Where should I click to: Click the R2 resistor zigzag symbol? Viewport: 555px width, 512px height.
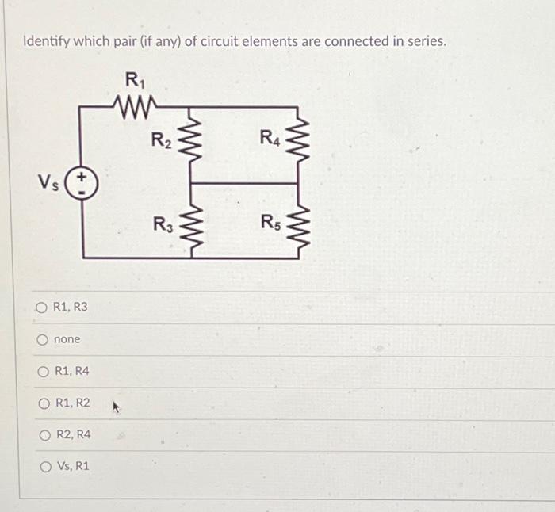coord(190,143)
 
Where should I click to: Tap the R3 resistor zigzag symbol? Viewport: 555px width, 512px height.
coord(190,221)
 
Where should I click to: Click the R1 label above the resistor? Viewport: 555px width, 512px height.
coord(133,79)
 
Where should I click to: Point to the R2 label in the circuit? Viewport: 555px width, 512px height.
coord(162,141)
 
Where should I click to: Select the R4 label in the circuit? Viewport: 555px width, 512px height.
coord(270,139)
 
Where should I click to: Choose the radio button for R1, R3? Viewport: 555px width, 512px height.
coord(42,307)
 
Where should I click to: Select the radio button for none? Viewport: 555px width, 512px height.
coord(42,340)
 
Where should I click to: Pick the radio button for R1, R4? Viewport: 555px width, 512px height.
coord(42,371)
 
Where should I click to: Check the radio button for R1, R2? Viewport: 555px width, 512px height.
coord(42,403)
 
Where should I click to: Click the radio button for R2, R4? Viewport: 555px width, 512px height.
coord(42,434)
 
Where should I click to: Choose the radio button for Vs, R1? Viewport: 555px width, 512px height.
coord(42,466)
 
